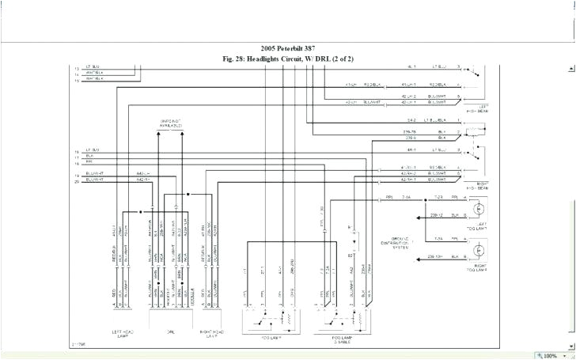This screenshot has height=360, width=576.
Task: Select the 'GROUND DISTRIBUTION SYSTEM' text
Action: pyautogui.click(x=396, y=242)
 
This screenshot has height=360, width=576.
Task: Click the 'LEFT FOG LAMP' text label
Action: pyautogui.click(x=480, y=225)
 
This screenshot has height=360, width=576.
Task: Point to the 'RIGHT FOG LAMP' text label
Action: pyautogui.click(x=480, y=267)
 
